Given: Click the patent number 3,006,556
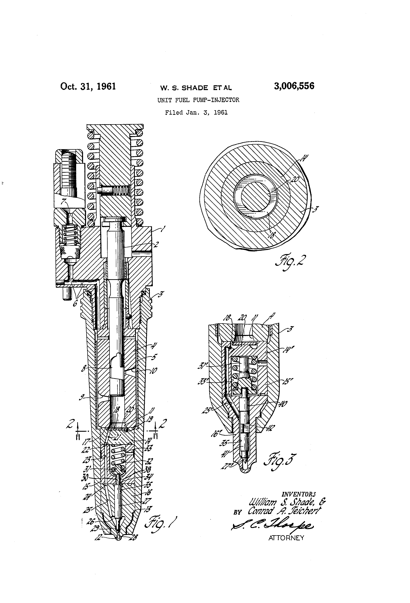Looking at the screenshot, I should pyautogui.click(x=294, y=86).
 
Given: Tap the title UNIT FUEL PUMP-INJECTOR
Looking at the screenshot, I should pyautogui.click(x=198, y=100).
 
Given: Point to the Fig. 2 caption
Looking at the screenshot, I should pyautogui.click(x=290, y=262).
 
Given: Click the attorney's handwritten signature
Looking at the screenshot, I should pyautogui.click(x=272, y=526).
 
